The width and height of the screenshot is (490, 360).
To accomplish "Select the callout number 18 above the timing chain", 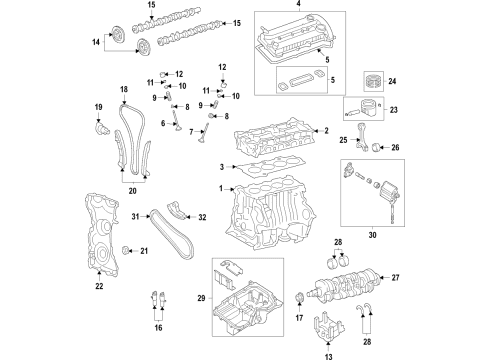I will pos(123,89).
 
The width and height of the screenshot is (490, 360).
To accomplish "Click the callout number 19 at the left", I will pos(99,106).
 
